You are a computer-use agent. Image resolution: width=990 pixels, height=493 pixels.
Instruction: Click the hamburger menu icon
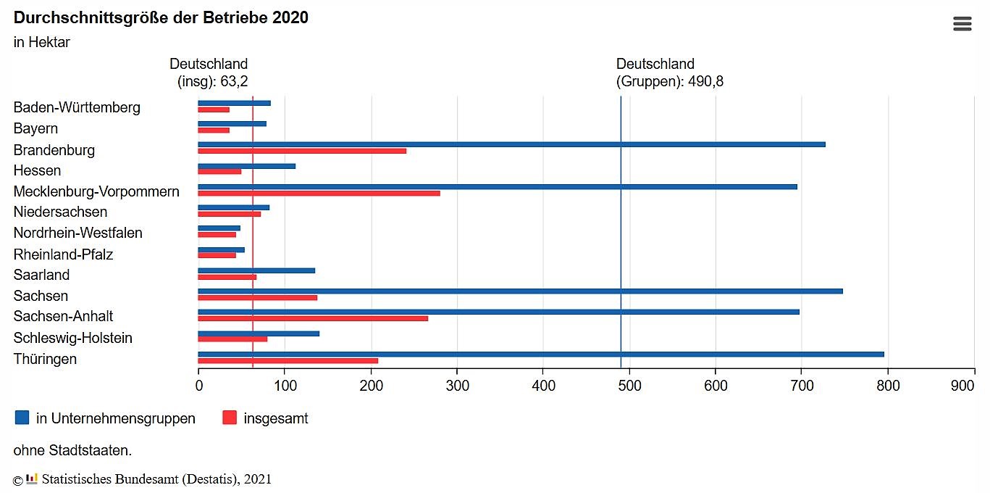coord(962,24)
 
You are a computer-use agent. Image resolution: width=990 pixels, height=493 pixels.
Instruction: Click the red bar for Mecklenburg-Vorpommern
coord(319,193)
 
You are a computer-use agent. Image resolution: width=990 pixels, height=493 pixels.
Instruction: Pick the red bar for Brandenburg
coord(302,151)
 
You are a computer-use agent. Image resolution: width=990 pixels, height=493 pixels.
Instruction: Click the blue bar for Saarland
coord(256,270)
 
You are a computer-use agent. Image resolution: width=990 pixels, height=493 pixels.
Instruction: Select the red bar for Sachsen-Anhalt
coord(313,318)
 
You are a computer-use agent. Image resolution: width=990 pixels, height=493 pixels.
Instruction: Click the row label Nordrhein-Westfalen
coord(77,233)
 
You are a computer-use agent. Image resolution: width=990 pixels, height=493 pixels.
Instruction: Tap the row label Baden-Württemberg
coord(77,107)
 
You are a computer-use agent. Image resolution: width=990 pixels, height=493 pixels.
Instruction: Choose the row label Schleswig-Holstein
coord(72,338)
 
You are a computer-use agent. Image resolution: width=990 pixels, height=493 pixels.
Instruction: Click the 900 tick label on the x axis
coord(962,386)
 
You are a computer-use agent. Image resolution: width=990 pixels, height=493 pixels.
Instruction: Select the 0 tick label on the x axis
coord(199,386)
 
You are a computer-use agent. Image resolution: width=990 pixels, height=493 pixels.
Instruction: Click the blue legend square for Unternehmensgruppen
coord(22,418)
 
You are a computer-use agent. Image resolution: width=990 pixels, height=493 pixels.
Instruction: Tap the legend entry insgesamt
coord(275,418)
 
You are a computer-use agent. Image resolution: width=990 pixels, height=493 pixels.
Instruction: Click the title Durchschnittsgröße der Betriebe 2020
coord(161,17)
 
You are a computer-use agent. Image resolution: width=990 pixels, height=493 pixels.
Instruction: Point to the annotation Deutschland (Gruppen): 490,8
coord(669,72)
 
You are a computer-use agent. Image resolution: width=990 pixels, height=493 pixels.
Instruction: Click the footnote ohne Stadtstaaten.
coord(72,450)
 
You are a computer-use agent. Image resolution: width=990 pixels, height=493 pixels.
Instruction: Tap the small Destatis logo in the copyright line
coord(31,478)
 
